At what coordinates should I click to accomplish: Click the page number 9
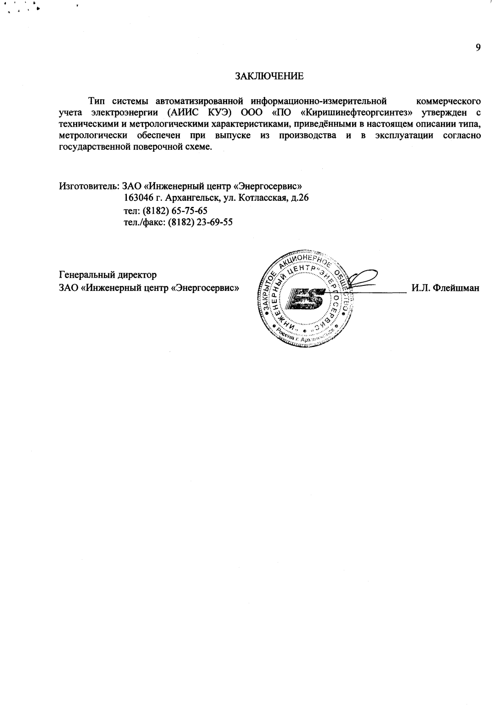click(x=478, y=47)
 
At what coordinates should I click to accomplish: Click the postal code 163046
click(x=138, y=198)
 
